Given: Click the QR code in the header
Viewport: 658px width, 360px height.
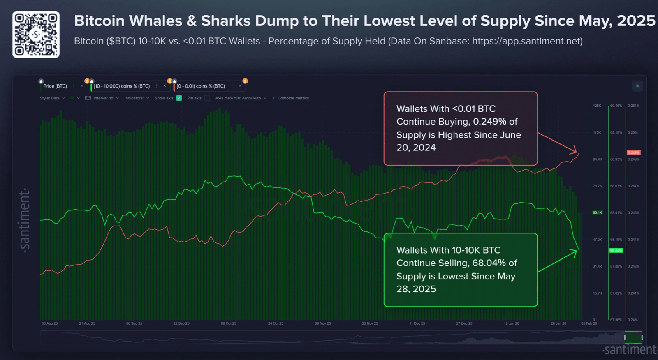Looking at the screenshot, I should (36, 35).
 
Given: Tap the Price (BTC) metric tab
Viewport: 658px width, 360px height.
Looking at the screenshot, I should (55, 86).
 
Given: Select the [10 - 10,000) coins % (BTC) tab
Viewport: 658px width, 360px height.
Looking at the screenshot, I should (122, 86).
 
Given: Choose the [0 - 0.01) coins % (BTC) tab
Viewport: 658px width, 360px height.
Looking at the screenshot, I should (201, 86).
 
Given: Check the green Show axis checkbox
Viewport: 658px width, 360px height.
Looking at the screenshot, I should (179, 98).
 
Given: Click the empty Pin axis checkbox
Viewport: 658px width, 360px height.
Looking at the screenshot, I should (207, 98).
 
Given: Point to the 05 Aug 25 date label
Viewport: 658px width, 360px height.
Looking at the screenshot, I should (50, 323).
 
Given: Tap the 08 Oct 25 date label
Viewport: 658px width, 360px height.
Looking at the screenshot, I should (229, 323).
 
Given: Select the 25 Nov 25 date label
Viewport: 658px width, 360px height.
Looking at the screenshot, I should (370, 323).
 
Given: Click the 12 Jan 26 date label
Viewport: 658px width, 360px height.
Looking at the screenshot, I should (511, 323).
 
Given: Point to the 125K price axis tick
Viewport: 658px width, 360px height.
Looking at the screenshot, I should (597, 106).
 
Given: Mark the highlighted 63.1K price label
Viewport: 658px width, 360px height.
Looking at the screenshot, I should (597, 213).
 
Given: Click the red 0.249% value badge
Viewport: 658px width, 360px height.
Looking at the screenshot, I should (633, 152).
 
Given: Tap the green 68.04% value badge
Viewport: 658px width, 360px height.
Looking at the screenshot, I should (616, 250).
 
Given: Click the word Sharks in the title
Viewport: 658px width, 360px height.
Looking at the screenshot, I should (225, 21).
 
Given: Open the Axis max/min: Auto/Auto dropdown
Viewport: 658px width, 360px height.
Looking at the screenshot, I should (241, 98).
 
